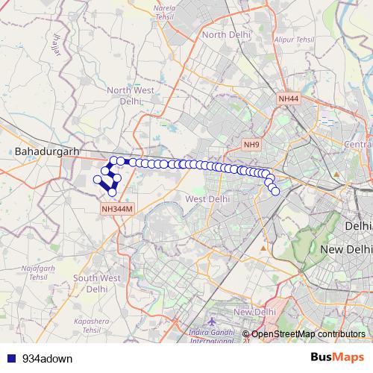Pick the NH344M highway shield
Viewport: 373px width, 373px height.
117,210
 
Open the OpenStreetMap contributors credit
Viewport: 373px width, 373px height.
308,334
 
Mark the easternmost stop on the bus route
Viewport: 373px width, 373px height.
275,191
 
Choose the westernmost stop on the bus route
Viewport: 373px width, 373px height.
97,179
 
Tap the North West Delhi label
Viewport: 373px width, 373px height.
131,95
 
